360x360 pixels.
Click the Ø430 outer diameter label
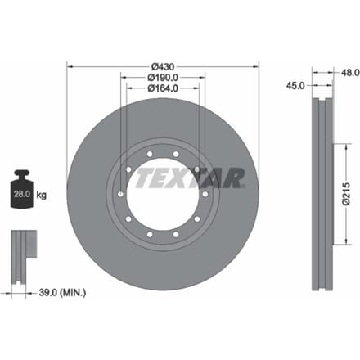coord(163,66)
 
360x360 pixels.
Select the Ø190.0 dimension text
coord(163,78)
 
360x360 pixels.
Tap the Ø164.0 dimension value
coord(163,88)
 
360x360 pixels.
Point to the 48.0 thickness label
coord(350,73)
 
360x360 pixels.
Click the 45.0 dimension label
coord(295,86)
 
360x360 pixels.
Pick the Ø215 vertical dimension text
coord(346,193)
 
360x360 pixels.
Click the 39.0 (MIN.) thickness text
coord(62,293)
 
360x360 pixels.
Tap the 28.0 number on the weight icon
coord(22,194)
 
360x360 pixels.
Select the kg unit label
coord(41,196)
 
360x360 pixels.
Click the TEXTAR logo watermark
coord(190,178)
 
